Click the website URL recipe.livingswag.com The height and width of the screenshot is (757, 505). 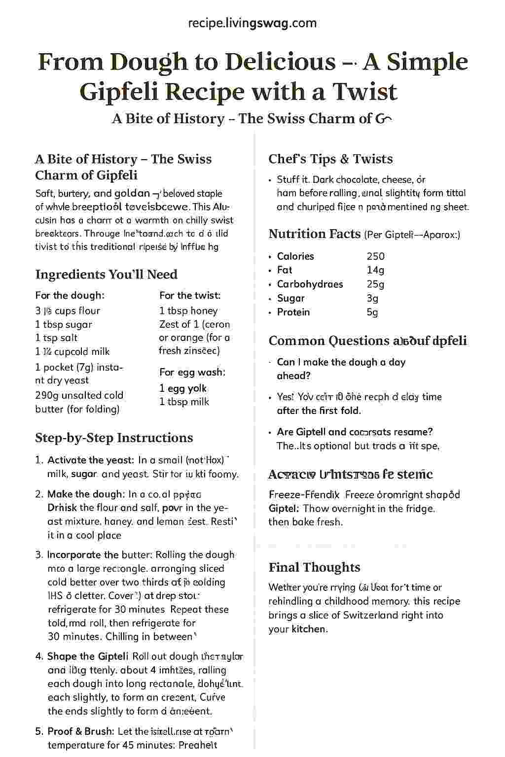(x=252, y=23)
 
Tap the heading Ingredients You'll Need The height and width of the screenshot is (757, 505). (x=106, y=275)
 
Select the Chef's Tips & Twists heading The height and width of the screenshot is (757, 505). (x=330, y=159)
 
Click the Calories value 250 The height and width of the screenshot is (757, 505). (x=375, y=256)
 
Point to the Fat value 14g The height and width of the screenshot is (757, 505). (x=375, y=270)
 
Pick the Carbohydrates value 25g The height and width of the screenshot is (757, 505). (x=375, y=284)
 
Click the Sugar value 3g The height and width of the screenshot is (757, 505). (x=372, y=298)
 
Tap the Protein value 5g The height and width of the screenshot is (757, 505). (x=372, y=312)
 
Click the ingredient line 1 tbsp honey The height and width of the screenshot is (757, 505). (x=188, y=311)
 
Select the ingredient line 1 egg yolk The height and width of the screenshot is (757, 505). (x=182, y=388)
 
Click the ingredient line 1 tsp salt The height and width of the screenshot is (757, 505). (x=56, y=338)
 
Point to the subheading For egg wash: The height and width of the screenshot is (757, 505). (x=192, y=372)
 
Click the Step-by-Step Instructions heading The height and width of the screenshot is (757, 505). (x=114, y=438)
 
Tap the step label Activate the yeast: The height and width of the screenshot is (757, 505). (x=91, y=460)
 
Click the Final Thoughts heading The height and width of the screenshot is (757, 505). (x=314, y=567)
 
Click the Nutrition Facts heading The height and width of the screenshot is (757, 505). (x=314, y=234)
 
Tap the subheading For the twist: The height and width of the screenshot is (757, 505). (x=190, y=296)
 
